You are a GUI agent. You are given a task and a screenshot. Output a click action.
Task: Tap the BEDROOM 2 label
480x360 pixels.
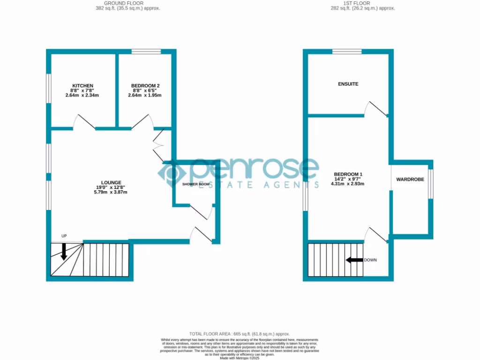[145, 86]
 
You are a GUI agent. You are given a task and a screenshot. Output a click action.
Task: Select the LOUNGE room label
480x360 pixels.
[111, 182]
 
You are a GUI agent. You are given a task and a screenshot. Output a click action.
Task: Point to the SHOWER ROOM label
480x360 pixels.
[196, 184]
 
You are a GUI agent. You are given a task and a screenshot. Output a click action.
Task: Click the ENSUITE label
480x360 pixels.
[348, 84]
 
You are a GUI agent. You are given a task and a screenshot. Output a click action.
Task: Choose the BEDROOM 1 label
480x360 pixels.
[347, 174]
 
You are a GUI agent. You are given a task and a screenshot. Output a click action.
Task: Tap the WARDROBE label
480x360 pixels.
[410, 180]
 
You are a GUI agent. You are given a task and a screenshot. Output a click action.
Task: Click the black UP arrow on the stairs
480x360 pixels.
[63, 252]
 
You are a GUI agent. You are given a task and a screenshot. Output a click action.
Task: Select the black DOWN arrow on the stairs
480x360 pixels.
[354, 260]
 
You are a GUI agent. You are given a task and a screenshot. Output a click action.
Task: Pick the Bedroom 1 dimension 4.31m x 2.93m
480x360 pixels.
[347, 184]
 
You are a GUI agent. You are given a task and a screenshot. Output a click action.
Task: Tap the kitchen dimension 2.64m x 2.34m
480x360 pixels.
[82, 95]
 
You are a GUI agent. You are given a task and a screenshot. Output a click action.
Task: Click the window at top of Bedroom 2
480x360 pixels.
[146, 52]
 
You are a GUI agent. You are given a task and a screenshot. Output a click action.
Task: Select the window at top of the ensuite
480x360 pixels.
[347, 52]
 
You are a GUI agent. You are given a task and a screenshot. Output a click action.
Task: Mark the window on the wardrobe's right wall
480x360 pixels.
[431, 184]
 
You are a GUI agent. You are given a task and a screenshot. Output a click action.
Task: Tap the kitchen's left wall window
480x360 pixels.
[48, 88]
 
